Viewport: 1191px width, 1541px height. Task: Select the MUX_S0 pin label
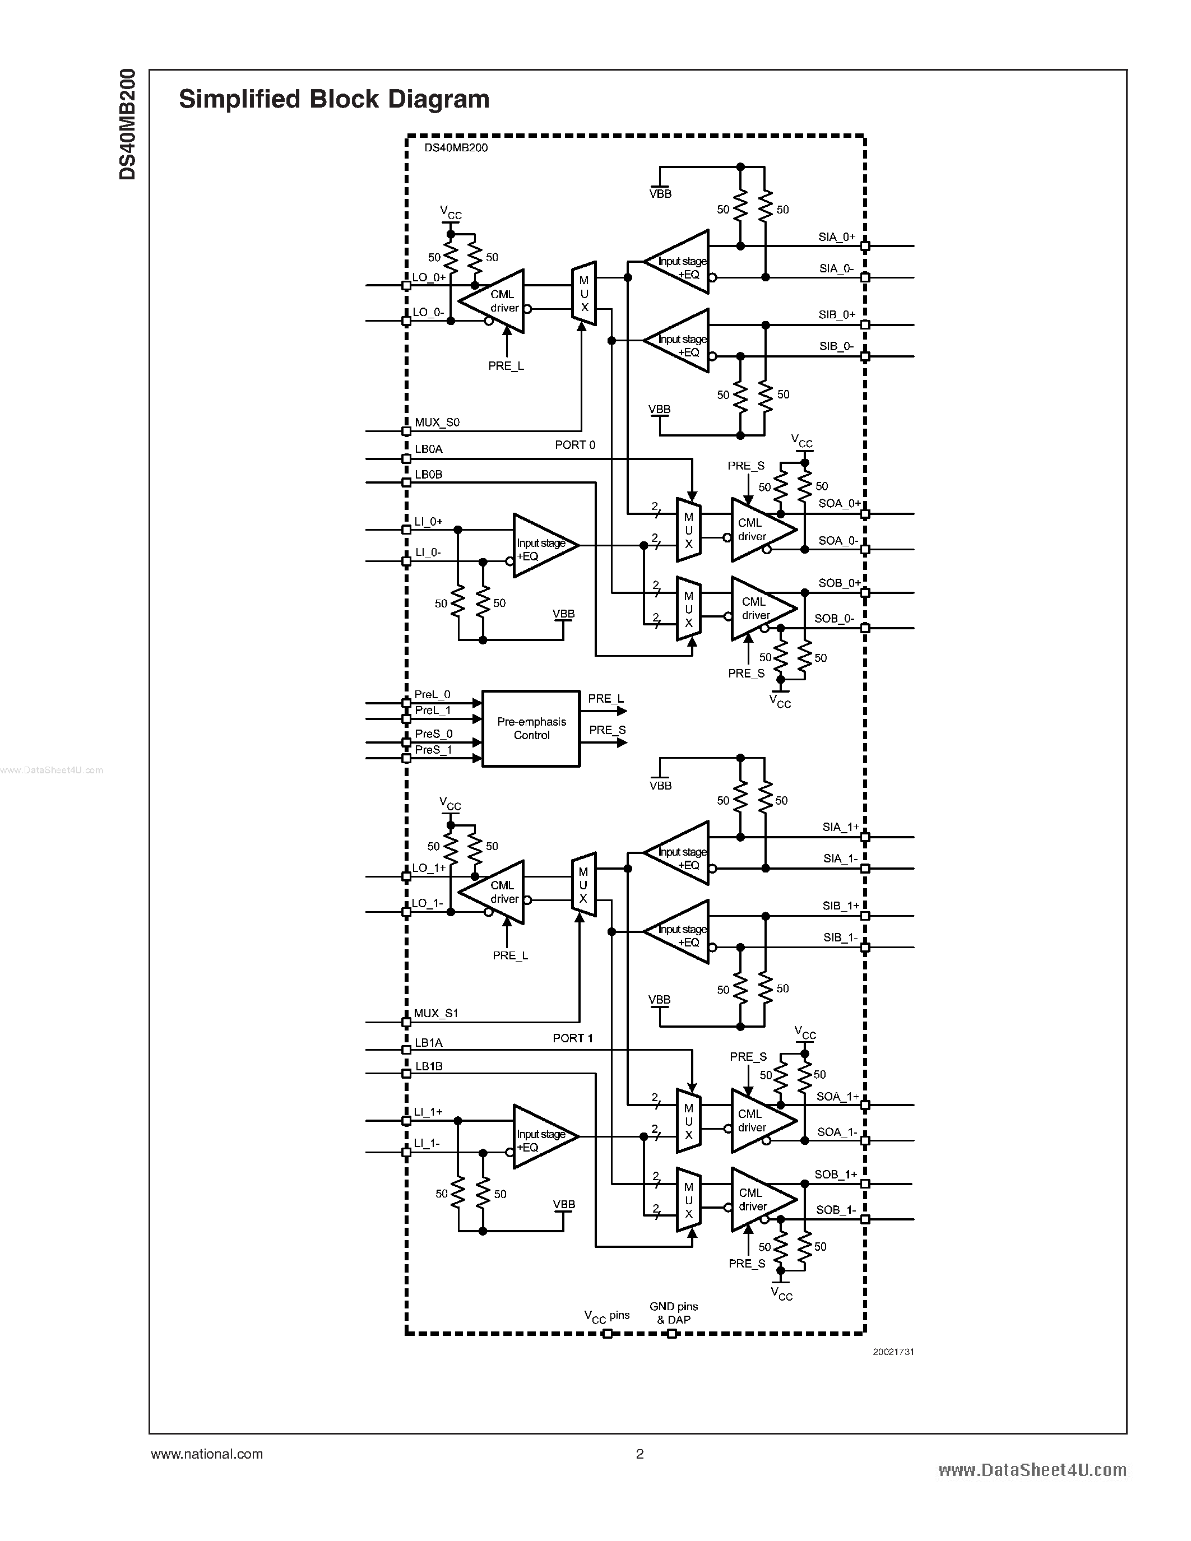tap(437, 423)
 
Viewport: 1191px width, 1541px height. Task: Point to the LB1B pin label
tap(428, 1066)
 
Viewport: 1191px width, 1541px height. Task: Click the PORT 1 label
tap(573, 1038)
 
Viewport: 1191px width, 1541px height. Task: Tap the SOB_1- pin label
tap(836, 1209)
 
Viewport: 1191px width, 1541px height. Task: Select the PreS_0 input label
tap(433, 734)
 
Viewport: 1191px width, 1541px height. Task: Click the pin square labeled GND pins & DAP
tap(671, 1334)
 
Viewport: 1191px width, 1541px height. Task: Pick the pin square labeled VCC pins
tap(608, 1334)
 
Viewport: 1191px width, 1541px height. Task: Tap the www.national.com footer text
tap(207, 1454)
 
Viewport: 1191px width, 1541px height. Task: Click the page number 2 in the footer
tap(639, 1454)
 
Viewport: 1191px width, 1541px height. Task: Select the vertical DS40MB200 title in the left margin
tap(128, 124)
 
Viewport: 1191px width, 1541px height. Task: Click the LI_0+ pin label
tap(428, 522)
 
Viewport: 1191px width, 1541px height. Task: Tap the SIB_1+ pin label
tap(840, 905)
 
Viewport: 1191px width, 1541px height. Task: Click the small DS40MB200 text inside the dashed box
tap(456, 148)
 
